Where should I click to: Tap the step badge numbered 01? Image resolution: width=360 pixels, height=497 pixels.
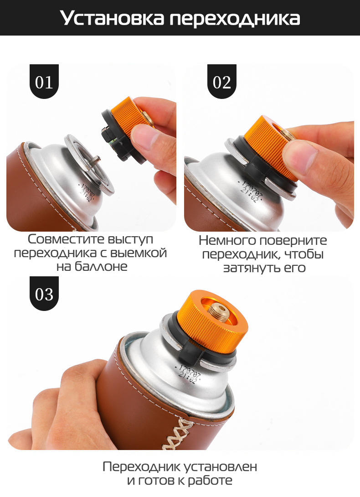point(44,82)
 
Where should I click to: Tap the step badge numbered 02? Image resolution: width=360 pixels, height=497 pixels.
point(222,82)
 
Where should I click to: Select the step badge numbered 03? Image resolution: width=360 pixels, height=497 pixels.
point(44,294)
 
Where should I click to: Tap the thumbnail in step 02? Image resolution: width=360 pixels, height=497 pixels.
point(300,156)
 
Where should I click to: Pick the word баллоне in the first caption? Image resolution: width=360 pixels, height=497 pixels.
point(101,266)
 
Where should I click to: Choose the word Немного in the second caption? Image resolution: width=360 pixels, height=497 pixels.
point(225,241)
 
